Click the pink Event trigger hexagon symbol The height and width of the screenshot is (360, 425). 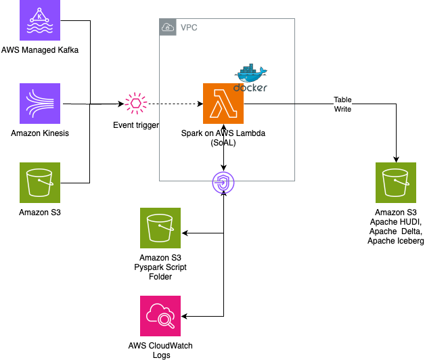(135, 104)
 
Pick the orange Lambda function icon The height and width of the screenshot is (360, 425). (223, 104)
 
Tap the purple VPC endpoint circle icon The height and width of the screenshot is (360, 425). (223, 181)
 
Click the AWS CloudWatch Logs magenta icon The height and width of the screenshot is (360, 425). (160, 316)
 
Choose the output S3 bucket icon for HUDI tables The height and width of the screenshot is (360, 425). (396, 183)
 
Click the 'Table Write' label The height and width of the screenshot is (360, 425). (343, 104)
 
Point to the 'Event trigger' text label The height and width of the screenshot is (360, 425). (135, 126)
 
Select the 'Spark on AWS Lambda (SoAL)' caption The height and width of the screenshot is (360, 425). (223, 138)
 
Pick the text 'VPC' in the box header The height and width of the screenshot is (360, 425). (189, 28)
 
